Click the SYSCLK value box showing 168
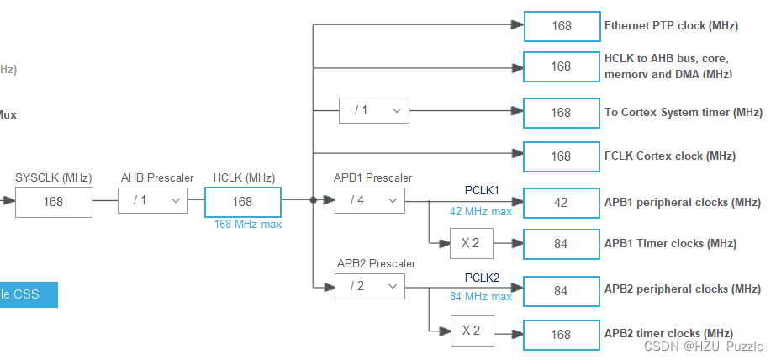coord(54,202)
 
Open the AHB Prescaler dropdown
coord(153,200)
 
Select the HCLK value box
coord(242,202)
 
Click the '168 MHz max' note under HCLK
coord(248,225)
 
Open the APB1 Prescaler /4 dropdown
coord(369,200)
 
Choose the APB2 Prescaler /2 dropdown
coord(369,286)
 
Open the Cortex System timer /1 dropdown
coord(373,110)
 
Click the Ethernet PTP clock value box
coord(561,26)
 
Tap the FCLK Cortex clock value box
coord(561,156)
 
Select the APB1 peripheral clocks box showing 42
coord(561,203)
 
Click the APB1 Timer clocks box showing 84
coord(561,244)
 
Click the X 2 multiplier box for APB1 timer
coord(471,244)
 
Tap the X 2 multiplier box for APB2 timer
coord(471,331)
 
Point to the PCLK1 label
coord(482,190)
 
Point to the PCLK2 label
coord(482,277)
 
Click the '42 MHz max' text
coord(480,212)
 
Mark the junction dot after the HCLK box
coord(313,200)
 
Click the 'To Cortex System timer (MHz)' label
coord(683,112)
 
